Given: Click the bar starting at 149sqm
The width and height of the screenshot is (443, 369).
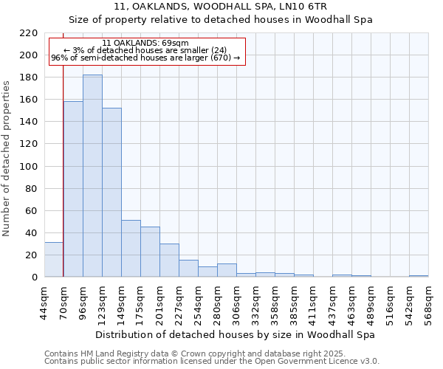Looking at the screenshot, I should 131,248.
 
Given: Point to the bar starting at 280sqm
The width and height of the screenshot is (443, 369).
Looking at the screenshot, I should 227,270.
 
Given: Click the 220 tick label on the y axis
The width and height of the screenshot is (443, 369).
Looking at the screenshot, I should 29,33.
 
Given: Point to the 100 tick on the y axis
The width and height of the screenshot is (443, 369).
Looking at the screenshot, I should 29,167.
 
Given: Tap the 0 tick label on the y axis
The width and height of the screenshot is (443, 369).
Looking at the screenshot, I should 34,277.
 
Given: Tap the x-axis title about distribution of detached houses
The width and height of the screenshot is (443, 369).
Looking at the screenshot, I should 236,334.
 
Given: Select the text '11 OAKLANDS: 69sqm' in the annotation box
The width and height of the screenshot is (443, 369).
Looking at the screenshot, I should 145,44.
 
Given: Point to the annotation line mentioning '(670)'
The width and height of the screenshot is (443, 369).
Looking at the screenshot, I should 145,58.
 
